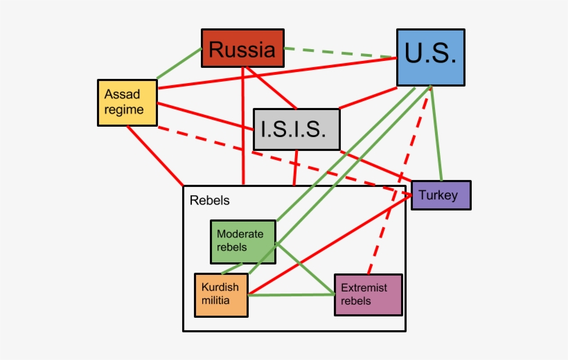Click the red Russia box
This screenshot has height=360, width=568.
coord(242,48)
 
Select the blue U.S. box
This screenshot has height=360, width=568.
coord(430,57)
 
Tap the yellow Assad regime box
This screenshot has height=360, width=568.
coord(127,102)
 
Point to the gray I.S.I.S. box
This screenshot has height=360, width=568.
coord(296,129)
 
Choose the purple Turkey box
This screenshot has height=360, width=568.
coord(441,195)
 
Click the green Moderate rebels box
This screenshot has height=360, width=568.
coord(242,242)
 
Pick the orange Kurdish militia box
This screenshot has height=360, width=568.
coord(221,295)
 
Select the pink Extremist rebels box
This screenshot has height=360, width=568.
coord(368,295)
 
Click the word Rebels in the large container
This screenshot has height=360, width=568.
coord(209,201)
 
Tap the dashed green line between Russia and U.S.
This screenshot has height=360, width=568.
coord(339,53)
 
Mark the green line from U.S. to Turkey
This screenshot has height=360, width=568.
coord(436,135)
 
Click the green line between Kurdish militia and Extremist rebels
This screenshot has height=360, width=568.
coord(291,295)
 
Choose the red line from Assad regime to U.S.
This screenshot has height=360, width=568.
coord(277,73)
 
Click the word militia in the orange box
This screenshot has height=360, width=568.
coord(215,301)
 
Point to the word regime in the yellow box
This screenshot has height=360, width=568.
coord(125,109)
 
